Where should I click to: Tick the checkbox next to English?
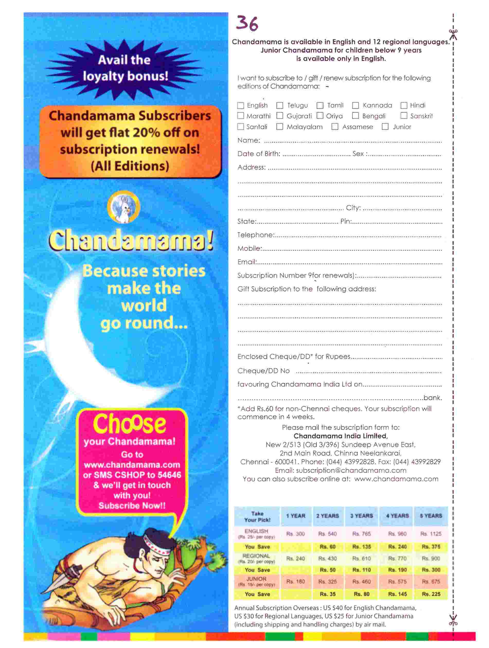(240, 105)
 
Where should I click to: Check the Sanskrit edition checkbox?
(404, 116)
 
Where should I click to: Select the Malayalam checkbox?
(280, 127)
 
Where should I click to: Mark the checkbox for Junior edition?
(385, 127)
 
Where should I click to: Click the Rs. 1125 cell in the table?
(431, 534)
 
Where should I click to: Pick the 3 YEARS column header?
(362, 516)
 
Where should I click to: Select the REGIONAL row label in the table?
(256, 556)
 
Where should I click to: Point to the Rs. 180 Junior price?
(295, 581)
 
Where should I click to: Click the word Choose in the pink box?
(129, 424)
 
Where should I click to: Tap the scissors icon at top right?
(453, 34)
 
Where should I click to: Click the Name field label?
(248, 141)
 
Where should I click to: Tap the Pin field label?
(346, 221)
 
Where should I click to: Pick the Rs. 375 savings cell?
(431, 547)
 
